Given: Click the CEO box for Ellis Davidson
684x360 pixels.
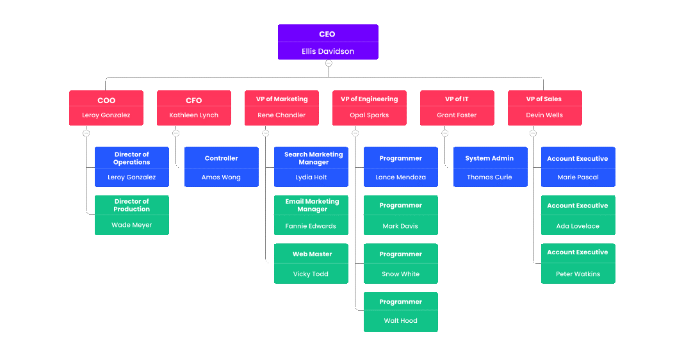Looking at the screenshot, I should [328, 42].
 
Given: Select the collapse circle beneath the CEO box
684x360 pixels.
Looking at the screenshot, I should [329, 63].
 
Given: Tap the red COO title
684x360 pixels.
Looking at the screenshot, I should [106, 100].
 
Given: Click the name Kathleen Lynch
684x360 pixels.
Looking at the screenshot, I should [193, 115].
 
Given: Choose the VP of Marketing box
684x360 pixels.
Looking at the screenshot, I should [282, 108].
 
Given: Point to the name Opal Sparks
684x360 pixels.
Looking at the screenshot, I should [369, 115].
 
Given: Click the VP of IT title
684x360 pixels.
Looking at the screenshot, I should [457, 99].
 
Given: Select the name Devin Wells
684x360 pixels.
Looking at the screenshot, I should [544, 115].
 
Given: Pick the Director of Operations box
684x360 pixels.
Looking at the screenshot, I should [132, 167].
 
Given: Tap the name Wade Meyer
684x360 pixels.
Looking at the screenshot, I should [132, 225].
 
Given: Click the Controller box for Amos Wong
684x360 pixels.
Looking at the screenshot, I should [222, 167].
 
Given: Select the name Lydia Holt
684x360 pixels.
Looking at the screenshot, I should [311, 177].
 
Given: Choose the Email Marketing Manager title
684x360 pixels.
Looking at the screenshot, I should [312, 205].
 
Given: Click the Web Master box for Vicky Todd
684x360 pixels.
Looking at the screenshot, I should [311, 263].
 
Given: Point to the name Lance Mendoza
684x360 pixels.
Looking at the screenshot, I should [400, 177].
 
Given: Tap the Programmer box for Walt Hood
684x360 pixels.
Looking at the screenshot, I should [400, 312].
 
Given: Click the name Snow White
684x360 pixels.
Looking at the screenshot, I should [400, 274].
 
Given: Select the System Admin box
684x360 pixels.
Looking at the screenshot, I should [490, 167].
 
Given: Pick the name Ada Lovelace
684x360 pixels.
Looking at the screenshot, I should [578, 226].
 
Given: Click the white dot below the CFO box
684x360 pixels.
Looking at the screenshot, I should [176, 133].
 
